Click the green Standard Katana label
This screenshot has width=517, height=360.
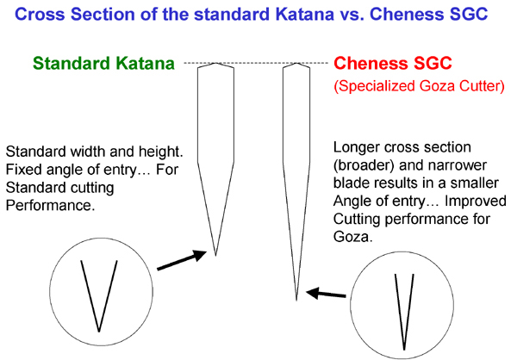(103, 63)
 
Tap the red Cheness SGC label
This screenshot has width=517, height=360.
(392, 63)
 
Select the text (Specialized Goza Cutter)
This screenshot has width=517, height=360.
(419, 86)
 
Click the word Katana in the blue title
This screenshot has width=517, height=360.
(304, 14)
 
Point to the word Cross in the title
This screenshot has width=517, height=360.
(40, 14)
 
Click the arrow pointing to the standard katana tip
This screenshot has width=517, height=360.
(182, 260)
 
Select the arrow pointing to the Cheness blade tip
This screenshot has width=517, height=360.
(326, 293)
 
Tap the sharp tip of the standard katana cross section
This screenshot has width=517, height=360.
(215, 256)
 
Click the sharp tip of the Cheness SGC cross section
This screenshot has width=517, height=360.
(296, 301)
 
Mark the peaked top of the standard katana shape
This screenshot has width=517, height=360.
(215, 63)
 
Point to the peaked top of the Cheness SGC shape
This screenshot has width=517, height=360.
(296, 63)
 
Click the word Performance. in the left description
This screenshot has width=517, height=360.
(50, 205)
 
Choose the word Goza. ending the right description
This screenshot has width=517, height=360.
(352, 237)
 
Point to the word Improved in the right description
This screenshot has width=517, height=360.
(476, 201)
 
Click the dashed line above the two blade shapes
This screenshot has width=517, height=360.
(256, 63)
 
